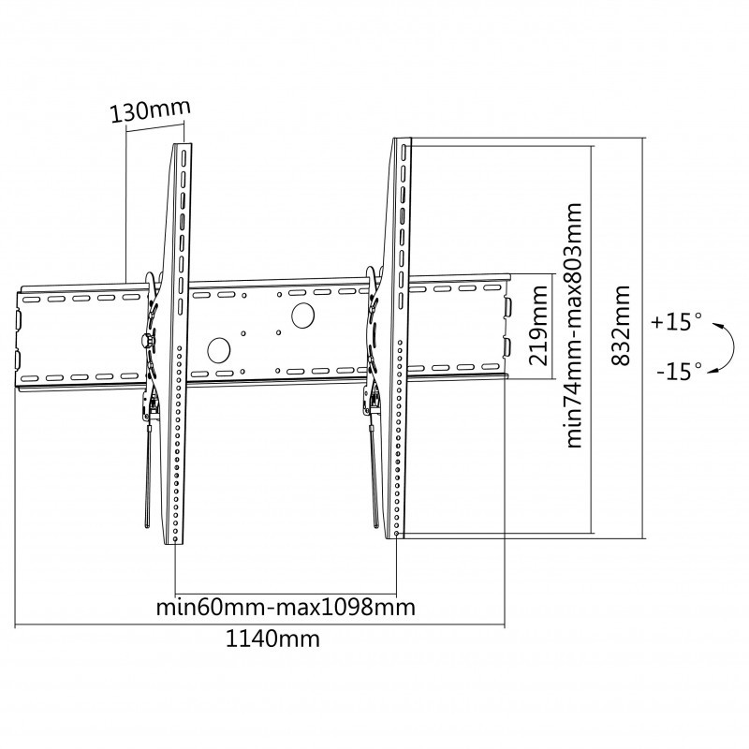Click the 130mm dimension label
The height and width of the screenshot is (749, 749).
coord(148,111)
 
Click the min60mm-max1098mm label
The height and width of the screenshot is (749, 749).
coord(286,607)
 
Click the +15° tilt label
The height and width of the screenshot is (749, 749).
coord(678,322)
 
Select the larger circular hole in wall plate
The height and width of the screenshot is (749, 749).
coord(303,316)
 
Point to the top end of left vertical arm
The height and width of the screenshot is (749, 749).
coord(183,147)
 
